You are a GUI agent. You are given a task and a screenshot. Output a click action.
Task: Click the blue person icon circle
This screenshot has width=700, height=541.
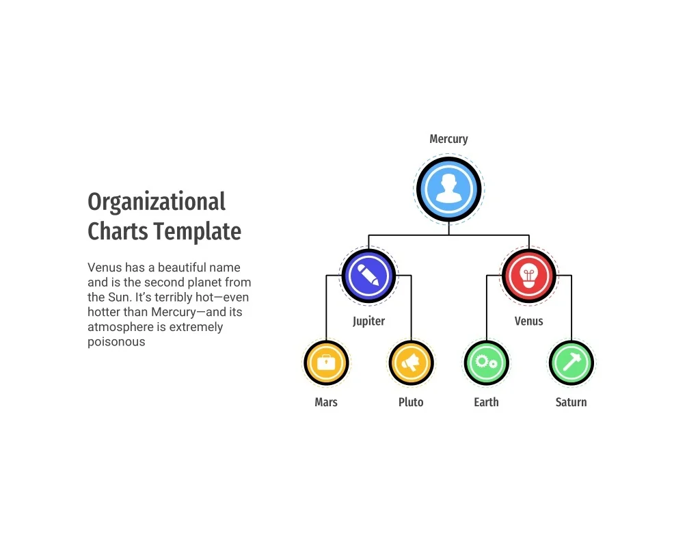click(x=448, y=189)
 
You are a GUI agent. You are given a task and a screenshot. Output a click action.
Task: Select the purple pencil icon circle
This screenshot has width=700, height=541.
click(x=368, y=276)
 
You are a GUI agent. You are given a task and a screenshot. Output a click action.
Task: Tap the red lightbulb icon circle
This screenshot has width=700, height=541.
click(x=529, y=276)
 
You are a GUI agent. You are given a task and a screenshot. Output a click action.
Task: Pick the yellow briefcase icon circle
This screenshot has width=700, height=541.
click(x=326, y=362)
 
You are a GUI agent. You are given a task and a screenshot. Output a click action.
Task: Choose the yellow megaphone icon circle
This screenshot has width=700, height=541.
click(x=411, y=362)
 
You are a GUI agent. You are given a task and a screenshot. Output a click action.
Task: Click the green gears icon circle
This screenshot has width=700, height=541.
click(x=487, y=362)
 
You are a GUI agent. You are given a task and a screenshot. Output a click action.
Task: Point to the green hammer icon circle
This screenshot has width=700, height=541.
click(x=571, y=362)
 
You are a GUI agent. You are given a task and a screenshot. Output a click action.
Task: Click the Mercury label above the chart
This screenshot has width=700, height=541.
click(x=448, y=139)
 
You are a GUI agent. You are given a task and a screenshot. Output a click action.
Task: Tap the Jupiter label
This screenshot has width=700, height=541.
click(x=368, y=321)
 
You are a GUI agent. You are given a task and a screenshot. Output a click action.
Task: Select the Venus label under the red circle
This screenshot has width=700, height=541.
click(x=528, y=321)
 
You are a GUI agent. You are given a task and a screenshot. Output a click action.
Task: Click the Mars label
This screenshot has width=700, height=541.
click(x=326, y=402)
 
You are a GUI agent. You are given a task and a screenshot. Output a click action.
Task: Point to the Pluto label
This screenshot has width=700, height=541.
click(x=411, y=402)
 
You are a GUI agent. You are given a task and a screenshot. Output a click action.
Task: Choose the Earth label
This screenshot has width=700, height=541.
click(x=486, y=402)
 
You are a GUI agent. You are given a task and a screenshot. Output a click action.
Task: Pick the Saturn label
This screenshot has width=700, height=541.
click(x=571, y=402)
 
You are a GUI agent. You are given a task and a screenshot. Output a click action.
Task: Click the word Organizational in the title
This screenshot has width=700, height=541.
click(x=157, y=202)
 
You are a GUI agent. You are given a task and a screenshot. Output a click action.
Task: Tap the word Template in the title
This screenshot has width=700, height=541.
click(x=198, y=231)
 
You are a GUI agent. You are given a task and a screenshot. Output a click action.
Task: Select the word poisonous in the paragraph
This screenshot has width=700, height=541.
click(x=116, y=342)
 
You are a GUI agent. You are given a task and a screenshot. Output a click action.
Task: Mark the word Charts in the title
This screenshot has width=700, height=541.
click(x=118, y=231)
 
